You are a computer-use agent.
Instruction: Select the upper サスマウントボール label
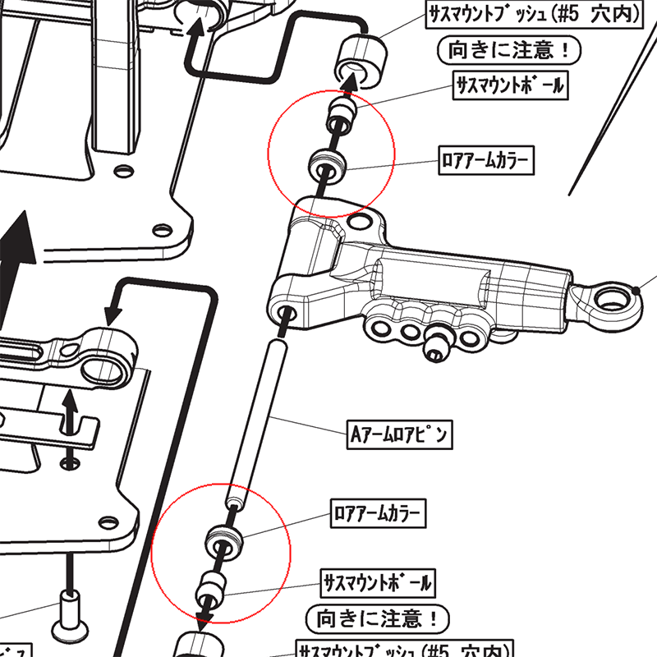(510, 85)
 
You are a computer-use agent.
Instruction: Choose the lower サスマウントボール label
(377, 584)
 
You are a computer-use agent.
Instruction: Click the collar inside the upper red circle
(328, 168)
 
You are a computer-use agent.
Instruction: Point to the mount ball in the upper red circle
(339, 117)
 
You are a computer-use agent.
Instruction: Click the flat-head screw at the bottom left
(70, 624)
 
